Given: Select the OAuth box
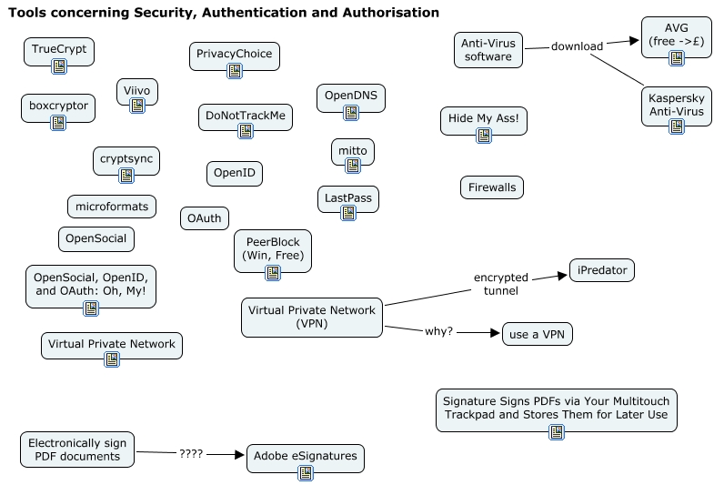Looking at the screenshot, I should tap(205, 218).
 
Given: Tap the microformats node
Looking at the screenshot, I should tap(111, 207).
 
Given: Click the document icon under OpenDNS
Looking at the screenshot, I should tap(351, 113).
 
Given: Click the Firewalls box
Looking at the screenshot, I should tap(491, 187).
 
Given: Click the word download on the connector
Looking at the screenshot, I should tap(577, 46).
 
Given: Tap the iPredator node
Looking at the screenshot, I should tap(601, 270).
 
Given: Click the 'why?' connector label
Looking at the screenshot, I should tap(439, 331).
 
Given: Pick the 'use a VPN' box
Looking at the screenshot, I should tap(538, 334).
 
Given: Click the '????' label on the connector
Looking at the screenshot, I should tap(191, 452).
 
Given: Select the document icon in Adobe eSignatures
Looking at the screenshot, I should tap(307, 472).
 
